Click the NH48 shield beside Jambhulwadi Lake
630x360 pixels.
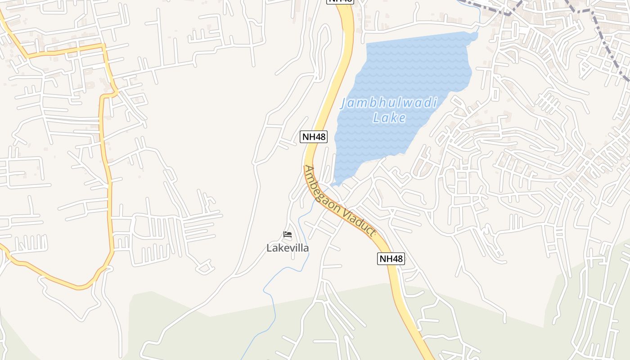point(314,137)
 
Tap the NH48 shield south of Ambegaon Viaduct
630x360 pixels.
point(391,259)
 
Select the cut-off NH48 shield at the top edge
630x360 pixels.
point(340,1)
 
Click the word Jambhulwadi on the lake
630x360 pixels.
point(389,103)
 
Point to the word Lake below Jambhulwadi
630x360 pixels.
point(390,118)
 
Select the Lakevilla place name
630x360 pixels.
point(288,248)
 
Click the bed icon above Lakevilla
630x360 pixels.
point(288,234)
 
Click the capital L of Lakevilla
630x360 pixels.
point(270,248)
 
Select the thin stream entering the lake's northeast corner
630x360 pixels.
point(478,18)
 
